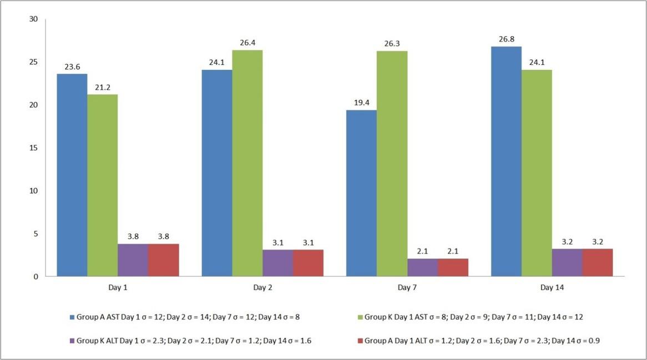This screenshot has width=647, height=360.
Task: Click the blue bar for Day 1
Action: click(72, 175)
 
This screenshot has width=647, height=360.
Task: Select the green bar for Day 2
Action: click(247, 163)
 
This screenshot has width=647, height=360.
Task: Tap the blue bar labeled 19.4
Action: click(361, 193)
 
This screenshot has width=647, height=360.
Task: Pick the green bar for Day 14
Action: click(537, 173)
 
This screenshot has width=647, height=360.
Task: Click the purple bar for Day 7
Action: click(422, 267)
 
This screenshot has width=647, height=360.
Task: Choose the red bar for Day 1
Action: click(163, 260)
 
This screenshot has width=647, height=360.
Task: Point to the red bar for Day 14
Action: click(597, 262)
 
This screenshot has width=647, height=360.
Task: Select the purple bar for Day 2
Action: click(277, 263)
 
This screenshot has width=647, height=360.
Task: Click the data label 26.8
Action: click(506, 39)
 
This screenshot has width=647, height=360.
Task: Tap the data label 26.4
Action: click(247, 43)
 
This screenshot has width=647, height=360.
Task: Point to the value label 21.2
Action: click(103, 87)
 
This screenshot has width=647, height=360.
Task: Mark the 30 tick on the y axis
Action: click(33, 19)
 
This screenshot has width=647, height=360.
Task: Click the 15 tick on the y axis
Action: click(33, 148)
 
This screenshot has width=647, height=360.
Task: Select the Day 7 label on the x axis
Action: click(407, 289)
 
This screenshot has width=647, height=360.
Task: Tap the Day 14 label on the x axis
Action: click(552, 289)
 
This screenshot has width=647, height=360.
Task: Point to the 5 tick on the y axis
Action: click(36, 234)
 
